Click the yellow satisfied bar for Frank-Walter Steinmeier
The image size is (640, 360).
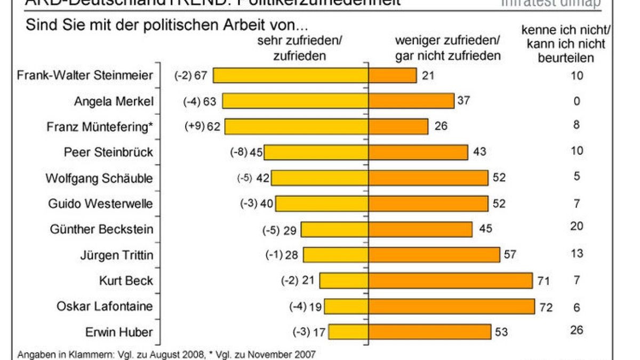click(x=291, y=75)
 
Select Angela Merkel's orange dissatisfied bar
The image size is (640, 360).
click(x=411, y=101)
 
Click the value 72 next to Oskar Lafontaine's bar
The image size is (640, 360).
click(x=546, y=307)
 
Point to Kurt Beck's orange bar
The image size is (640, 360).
click(x=451, y=281)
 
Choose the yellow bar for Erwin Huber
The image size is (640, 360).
click(x=348, y=332)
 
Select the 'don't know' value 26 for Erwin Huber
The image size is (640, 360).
click(x=577, y=330)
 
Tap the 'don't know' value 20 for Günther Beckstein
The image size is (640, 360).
click(x=577, y=227)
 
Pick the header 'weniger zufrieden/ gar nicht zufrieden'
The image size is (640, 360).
click(x=447, y=48)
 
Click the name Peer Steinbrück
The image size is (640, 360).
click(x=109, y=152)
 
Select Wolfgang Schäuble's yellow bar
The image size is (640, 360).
click(x=319, y=178)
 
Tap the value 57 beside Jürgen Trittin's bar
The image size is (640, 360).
click(x=510, y=254)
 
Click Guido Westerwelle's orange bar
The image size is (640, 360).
click(x=428, y=203)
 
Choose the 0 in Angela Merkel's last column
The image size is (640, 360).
click(x=577, y=101)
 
